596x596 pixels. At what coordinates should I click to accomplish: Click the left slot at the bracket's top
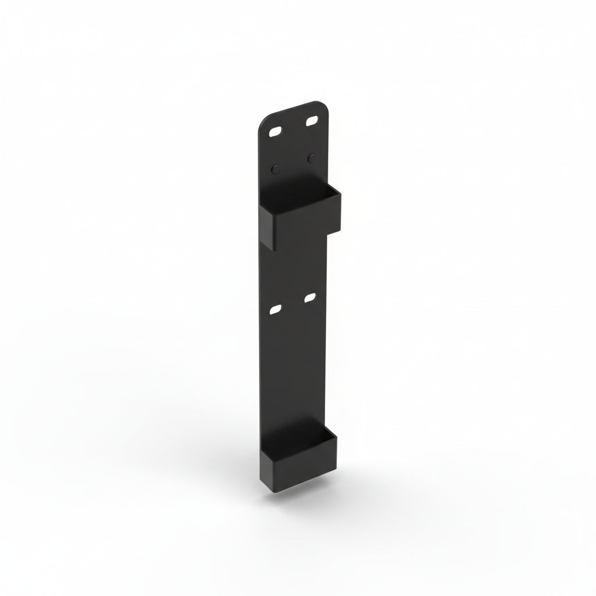click(x=275, y=132)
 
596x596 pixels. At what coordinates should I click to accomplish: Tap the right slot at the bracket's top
click(x=312, y=121)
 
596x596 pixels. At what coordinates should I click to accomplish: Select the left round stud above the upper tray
click(x=276, y=169)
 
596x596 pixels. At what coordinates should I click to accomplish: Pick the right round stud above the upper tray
click(x=312, y=158)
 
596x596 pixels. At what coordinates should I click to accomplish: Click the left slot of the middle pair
click(x=275, y=309)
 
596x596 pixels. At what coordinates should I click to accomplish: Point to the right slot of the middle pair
click(x=309, y=298)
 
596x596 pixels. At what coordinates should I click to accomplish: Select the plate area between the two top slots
click(x=294, y=126)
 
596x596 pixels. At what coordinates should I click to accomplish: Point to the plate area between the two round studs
click(x=294, y=164)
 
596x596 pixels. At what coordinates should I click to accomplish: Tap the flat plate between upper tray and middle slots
click(x=294, y=268)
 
